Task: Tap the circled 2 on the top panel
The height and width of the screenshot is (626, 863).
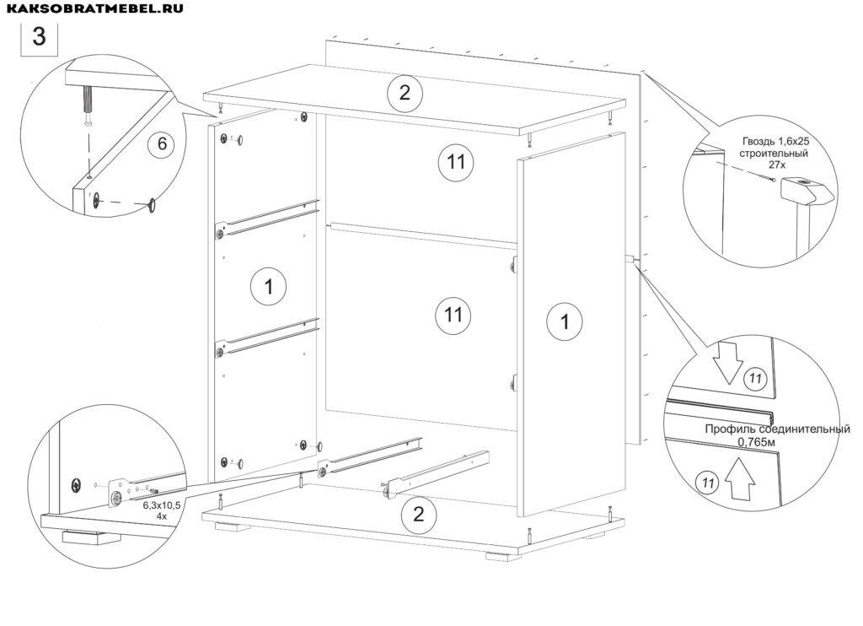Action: point(405,93)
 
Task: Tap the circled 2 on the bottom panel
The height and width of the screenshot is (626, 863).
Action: point(417,515)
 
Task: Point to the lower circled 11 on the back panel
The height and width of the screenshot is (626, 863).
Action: point(453,316)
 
